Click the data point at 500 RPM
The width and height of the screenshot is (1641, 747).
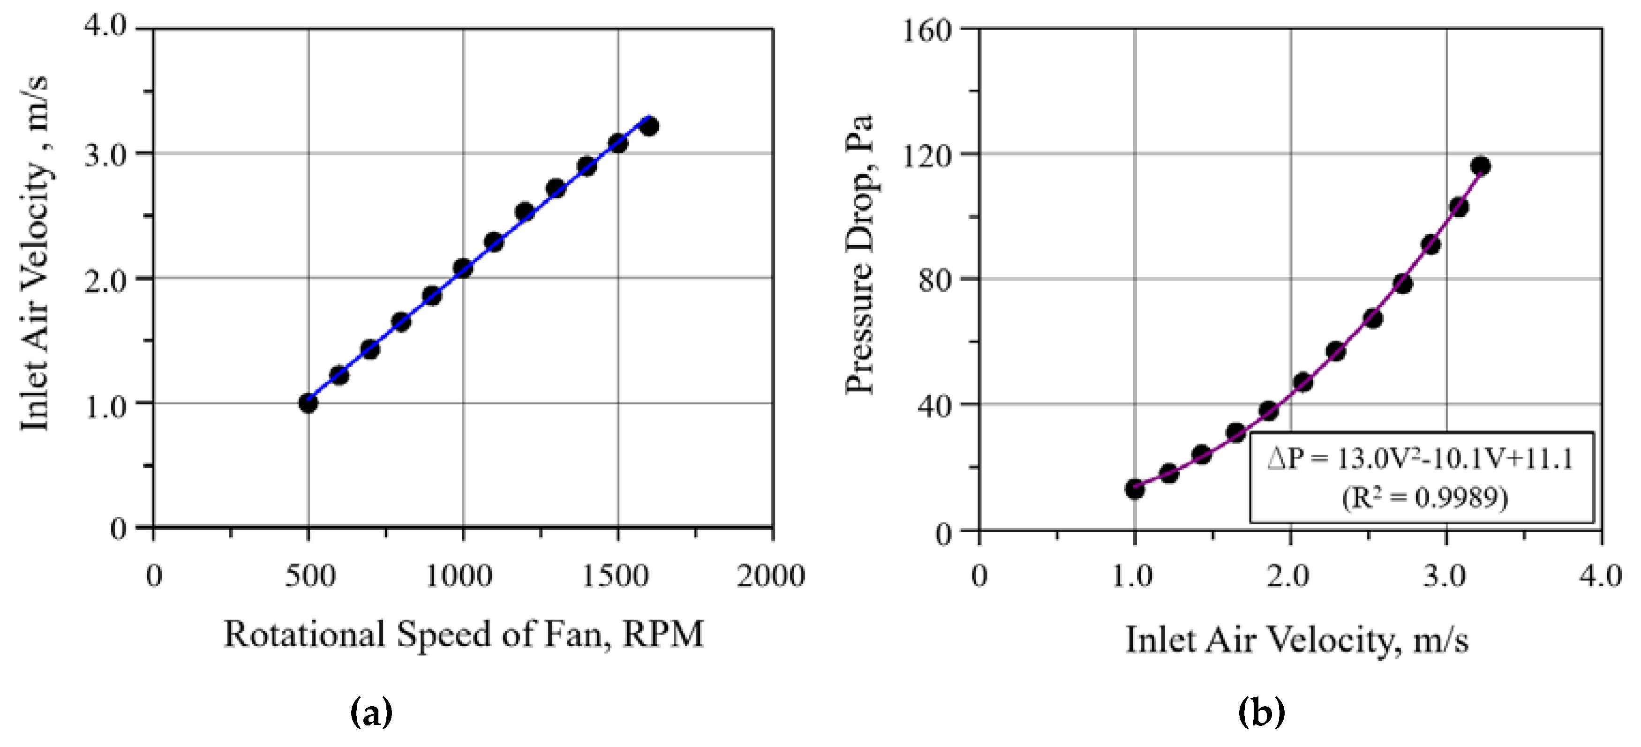[309, 403]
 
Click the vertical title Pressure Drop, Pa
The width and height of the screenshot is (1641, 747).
[859, 255]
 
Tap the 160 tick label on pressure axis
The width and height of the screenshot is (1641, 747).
[927, 30]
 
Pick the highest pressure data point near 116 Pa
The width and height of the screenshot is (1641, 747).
[1481, 166]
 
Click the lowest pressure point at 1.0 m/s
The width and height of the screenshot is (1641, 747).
[1135, 490]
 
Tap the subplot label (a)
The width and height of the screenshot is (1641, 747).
[372, 713]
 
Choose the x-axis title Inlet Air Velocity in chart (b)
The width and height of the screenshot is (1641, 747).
[1297, 639]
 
